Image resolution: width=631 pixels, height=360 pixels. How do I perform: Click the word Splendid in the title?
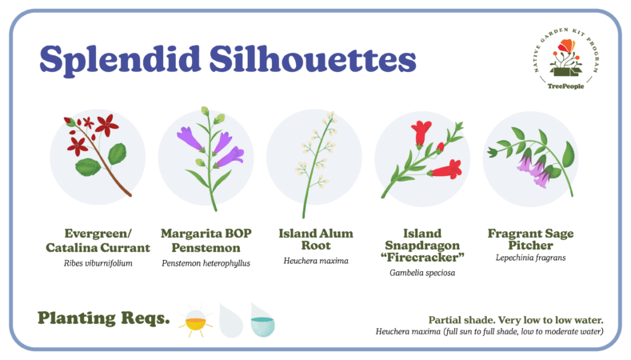(x=120, y=59)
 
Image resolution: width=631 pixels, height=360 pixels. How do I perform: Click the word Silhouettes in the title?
(x=313, y=58)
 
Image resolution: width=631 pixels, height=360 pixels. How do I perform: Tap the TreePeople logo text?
(x=565, y=86)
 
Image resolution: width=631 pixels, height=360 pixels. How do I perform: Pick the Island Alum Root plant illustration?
(x=317, y=164)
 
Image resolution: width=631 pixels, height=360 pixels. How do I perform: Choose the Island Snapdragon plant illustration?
(x=421, y=159)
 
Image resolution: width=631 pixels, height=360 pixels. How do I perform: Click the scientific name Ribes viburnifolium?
(x=98, y=263)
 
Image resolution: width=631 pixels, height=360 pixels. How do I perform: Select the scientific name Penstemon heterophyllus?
(x=206, y=263)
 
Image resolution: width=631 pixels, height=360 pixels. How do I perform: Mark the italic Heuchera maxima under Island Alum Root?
(x=316, y=261)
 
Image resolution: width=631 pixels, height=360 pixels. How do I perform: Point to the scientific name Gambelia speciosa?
(x=422, y=273)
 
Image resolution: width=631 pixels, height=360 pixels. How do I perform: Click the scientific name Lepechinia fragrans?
(x=530, y=258)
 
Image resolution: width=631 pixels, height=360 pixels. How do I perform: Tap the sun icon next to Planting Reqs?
(x=196, y=321)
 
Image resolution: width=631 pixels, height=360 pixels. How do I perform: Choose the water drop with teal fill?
(x=262, y=320)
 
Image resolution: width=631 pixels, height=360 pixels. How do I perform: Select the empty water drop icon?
(x=231, y=321)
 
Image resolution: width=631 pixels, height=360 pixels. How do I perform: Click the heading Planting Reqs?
(x=103, y=318)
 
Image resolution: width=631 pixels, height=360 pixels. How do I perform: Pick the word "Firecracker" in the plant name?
(x=422, y=258)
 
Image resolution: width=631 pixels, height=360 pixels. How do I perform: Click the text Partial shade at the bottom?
(x=461, y=320)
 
